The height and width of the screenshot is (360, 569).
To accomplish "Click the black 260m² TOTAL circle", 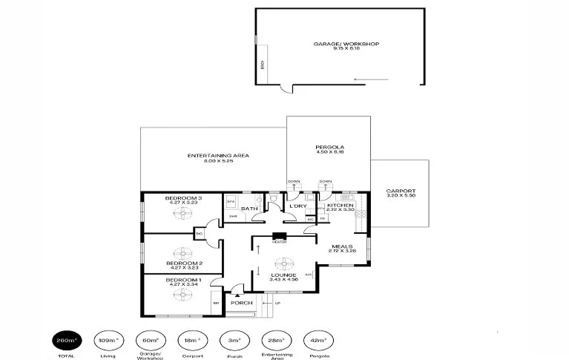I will tap(65, 340).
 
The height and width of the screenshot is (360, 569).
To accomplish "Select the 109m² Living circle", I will tap(108, 340).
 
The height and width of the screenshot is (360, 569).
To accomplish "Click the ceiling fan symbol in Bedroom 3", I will tap(182, 212).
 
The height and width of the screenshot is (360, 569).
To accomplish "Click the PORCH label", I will tap(242, 303).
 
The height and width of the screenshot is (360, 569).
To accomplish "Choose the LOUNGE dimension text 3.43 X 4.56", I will tap(284, 280).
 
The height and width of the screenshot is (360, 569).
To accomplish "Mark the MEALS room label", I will tap(341, 246).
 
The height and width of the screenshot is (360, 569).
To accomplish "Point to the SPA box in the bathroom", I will tap(231, 202).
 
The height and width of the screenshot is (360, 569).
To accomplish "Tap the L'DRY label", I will tap(288, 206).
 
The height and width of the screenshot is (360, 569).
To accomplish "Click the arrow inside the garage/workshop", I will tap(365, 79).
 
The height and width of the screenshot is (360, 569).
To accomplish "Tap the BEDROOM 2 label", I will tap(182, 263).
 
